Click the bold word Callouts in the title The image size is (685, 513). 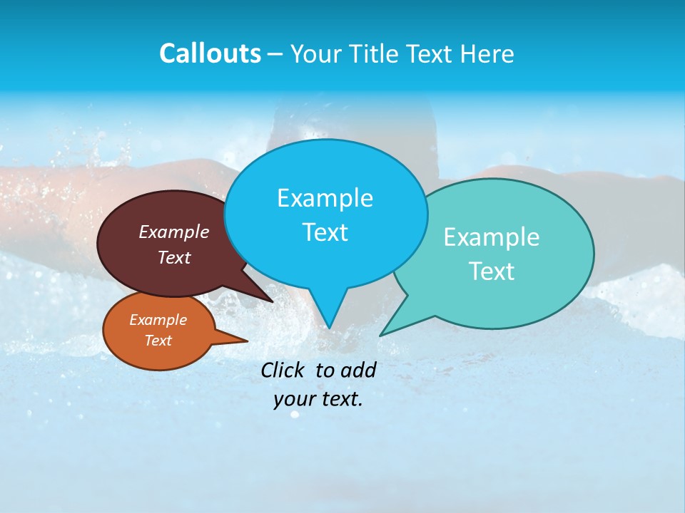coord(210,53)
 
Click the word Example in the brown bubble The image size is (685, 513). coord(174,232)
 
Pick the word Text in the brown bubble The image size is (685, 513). coord(174,257)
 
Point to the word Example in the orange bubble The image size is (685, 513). coord(158,320)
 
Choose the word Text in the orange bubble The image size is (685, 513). coord(158,341)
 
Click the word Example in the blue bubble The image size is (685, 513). coord(325,198)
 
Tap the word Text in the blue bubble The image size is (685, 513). coord(325,232)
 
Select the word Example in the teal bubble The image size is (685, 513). coord(492,237)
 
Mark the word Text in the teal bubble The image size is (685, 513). coord(492,271)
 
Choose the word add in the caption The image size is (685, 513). coord(358,370)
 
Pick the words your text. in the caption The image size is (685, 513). coord(318,399)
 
